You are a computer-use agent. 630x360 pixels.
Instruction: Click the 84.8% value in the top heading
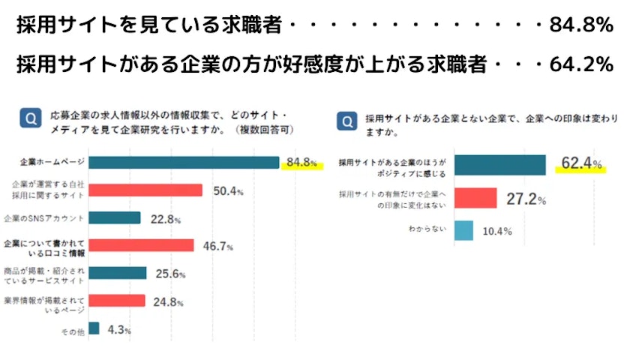[581, 25]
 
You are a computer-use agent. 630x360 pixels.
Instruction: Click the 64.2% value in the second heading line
[581, 65]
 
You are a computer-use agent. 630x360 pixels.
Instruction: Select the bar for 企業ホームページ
[184, 163]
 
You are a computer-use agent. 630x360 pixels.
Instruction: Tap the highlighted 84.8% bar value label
[301, 163]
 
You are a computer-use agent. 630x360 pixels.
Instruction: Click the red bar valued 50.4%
[145, 190]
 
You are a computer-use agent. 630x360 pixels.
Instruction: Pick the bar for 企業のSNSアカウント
[114, 218]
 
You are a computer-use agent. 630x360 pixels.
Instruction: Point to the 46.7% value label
[217, 245]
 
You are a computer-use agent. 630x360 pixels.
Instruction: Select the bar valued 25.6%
[117, 273]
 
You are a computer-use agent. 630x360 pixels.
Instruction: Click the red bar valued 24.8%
[116, 301]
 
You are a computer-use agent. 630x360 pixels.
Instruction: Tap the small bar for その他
[94, 328]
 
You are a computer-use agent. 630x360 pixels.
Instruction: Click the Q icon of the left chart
[30, 120]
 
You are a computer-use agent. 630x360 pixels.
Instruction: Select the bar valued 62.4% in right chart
[500, 165]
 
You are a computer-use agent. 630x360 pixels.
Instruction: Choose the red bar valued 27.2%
[475, 198]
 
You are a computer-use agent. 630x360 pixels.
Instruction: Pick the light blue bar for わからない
[463, 230]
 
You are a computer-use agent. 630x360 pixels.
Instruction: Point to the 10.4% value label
[496, 231]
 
